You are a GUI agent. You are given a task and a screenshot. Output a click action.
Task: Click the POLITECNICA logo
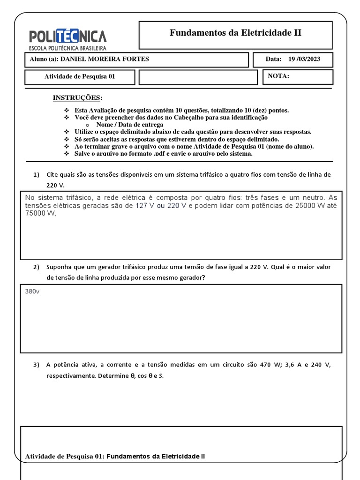pos(68,36)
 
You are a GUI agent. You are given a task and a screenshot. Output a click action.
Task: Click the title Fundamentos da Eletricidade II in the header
pos(235,33)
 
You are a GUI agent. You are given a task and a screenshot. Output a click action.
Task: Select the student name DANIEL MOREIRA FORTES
pos(98,59)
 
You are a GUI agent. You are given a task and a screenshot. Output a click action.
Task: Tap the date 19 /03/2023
pos(304,59)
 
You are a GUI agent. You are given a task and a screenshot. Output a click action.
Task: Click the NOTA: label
pos(278,76)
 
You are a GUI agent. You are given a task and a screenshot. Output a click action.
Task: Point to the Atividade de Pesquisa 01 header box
pos(79,77)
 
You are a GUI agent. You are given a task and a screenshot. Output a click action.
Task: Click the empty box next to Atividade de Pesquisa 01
pos(198,77)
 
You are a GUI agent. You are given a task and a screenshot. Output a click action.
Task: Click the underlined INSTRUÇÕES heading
pos(77,97)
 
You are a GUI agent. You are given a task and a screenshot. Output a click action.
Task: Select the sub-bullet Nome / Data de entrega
pos(129,125)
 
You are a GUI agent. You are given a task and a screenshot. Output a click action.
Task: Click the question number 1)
pos(36,174)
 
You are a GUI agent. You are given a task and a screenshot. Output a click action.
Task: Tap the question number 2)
pos(36,267)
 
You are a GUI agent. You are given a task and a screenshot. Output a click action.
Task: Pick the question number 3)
pos(36,365)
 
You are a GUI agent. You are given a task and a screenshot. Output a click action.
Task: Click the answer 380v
pos(32,291)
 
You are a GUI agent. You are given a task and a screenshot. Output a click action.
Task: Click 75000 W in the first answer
pos(40,213)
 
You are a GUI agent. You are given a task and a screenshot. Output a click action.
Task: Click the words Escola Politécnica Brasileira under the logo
pos(68,48)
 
